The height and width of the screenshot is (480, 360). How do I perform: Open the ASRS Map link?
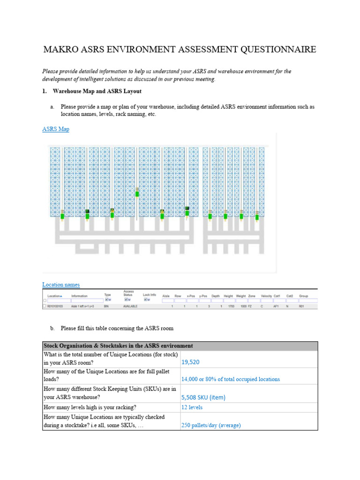coord(55,129)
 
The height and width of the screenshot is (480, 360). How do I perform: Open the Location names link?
coord(61,285)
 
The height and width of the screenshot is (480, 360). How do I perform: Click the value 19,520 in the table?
coord(190,362)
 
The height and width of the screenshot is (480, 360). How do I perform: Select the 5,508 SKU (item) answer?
coord(203,397)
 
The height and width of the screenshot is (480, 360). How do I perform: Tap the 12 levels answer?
coord(192,407)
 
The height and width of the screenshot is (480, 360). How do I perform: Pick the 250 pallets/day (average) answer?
coord(211,425)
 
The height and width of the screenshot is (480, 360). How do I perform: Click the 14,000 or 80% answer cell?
coord(230,379)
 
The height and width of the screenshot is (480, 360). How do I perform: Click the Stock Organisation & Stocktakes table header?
coord(118,346)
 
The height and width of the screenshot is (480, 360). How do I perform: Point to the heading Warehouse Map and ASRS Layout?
coord(97,91)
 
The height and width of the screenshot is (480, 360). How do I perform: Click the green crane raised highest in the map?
coord(137,193)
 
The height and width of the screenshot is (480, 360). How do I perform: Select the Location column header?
coord(54,296)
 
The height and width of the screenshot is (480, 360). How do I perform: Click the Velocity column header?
coord(266,296)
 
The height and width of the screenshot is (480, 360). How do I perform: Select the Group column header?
coord(303,296)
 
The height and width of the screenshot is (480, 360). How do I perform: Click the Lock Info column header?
coord(150,295)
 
